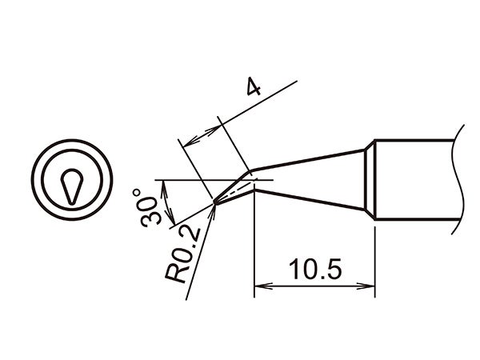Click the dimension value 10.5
pos(315,270)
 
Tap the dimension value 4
pos(253,88)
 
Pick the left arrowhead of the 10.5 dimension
pos(259,286)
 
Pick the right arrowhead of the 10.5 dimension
pos(370,286)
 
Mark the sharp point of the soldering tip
pos(214,203)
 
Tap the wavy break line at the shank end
pos(459,180)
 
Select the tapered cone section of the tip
pos(312,179)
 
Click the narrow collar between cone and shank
pos(370,180)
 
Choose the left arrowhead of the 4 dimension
pos(189,142)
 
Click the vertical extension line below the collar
pos(375,256)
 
